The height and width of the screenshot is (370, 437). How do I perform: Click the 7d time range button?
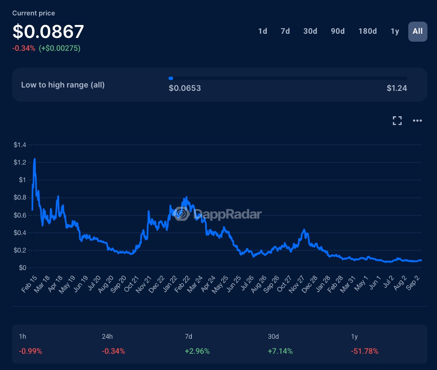[285, 31]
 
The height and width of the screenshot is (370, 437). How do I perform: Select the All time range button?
[417, 31]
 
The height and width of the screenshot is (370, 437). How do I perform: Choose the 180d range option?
[367, 31]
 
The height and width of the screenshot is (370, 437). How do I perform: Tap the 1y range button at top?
[395, 31]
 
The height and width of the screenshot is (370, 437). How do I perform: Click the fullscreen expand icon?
[397, 121]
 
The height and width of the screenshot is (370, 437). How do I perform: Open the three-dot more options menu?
[417, 121]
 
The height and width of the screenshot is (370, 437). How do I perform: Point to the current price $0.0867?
[48, 32]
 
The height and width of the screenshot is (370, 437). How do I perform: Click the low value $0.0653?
[185, 88]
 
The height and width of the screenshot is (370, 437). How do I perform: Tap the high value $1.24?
[397, 88]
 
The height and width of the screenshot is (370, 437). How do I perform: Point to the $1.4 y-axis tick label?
[20, 145]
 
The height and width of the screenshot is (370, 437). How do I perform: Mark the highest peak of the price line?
[35, 159]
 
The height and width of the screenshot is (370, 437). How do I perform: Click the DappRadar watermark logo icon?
[182, 214]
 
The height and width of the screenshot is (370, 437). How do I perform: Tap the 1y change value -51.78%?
[365, 351]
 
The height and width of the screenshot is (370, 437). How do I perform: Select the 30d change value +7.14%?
[281, 351]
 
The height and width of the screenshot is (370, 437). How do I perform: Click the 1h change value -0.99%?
[30, 351]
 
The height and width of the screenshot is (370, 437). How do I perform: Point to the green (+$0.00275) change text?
[60, 48]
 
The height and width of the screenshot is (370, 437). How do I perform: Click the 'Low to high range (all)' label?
[63, 85]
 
